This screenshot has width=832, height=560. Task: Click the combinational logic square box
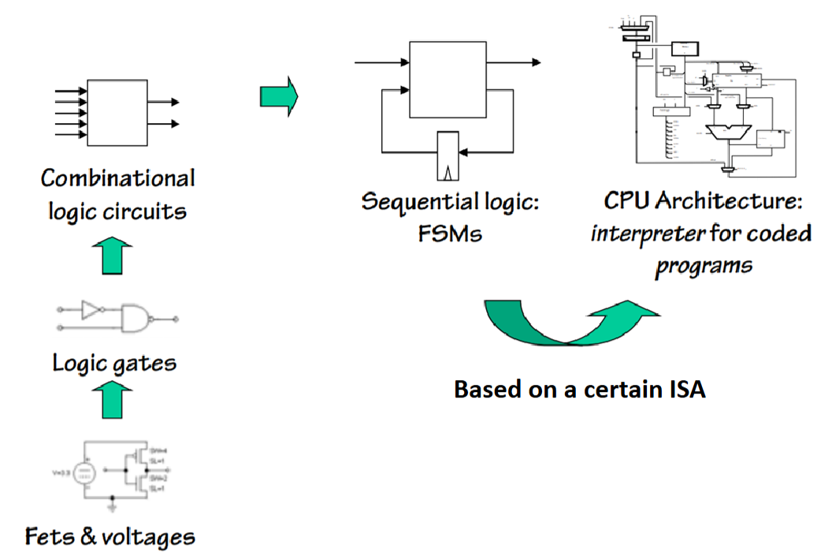pyautogui.click(x=117, y=112)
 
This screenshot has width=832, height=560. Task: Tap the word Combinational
pyautogui.click(x=117, y=179)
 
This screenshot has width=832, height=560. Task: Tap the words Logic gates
pyautogui.click(x=114, y=363)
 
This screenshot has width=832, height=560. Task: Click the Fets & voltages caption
pyautogui.click(x=110, y=538)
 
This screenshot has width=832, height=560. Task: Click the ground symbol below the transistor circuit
pyautogui.click(x=113, y=504)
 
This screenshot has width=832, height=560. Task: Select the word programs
pyautogui.click(x=703, y=264)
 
